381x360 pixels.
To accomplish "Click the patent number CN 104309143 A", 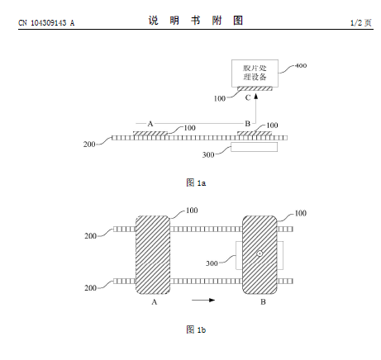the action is click(46, 23).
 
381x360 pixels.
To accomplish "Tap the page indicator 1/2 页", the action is click(361, 22).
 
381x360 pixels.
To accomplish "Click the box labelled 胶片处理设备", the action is click(255, 73).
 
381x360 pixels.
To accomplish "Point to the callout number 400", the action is click(301, 65).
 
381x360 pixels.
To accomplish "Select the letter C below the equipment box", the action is click(248, 97).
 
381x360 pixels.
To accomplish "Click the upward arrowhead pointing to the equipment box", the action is click(256, 96).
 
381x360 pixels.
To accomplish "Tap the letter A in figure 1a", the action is click(150, 124).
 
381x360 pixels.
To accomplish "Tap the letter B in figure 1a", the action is click(247, 124).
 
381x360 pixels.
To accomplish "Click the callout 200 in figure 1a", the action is click(89, 144).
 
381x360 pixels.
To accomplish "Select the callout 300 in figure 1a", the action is click(208, 155).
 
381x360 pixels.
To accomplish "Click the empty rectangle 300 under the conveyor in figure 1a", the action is click(255, 147).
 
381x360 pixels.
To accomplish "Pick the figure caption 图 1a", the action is click(196, 182).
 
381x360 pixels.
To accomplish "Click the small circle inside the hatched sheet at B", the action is click(260, 253).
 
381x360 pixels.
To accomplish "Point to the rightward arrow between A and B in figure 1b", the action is click(203, 300).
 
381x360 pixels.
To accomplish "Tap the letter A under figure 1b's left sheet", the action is click(155, 302).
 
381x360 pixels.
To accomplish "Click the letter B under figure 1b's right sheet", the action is click(263, 302).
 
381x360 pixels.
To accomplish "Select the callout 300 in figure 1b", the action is click(212, 263).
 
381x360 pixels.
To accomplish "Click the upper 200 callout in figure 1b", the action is click(91, 236).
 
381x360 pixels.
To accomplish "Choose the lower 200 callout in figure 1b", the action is click(90, 288).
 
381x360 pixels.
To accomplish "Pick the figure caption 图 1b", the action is click(196, 329).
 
